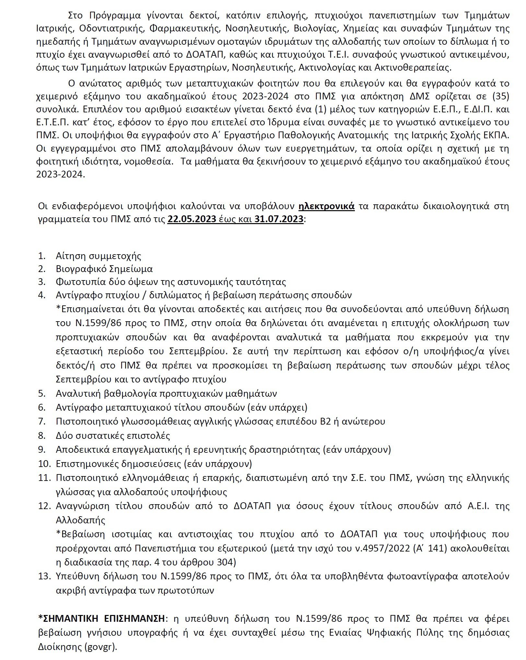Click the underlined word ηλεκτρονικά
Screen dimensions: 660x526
(x=326, y=206)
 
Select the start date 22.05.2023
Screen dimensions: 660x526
(x=192, y=219)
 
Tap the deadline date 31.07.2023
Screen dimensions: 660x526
(x=279, y=219)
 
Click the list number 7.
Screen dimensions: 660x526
(x=42, y=421)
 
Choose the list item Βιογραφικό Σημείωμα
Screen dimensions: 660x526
(x=104, y=269)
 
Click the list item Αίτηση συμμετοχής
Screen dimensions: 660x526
(x=99, y=256)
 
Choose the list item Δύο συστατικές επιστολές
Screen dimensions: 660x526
(x=113, y=435)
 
